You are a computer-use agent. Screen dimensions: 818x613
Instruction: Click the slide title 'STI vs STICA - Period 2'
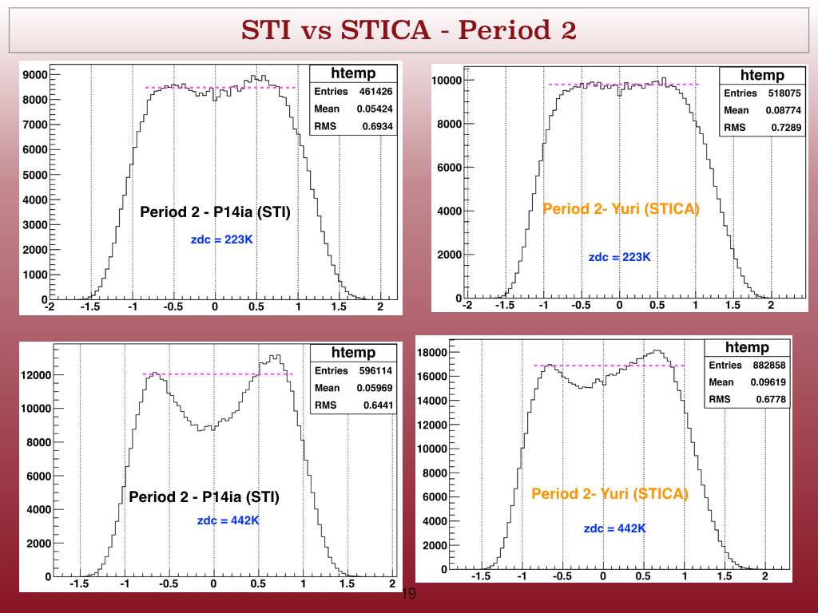pyautogui.click(x=408, y=30)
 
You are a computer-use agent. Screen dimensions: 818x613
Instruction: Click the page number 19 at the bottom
pyautogui.click(x=409, y=593)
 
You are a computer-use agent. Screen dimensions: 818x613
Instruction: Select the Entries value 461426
pyautogui.click(x=375, y=91)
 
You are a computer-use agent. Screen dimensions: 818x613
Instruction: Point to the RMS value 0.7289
pyautogui.click(x=786, y=127)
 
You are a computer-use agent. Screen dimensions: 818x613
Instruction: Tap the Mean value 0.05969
pyautogui.click(x=375, y=388)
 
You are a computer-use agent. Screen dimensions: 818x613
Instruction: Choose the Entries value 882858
pyautogui.click(x=769, y=365)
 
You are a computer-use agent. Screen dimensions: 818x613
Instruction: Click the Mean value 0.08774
pyautogui.click(x=784, y=110)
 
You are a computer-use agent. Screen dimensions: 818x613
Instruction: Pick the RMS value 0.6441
pyautogui.click(x=378, y=405)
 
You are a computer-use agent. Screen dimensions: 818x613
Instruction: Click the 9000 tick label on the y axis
pyautogui.click(x=35, y=74)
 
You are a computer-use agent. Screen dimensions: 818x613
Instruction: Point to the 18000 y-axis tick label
pyautogui.click(x=432, y=352)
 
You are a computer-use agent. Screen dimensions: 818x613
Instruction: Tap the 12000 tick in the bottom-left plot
pyautogui.click(x=36, y=375)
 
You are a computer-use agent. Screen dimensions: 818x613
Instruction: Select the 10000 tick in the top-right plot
pyautogui.click(x=447, y=81)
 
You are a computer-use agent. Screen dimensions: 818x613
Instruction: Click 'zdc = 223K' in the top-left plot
pyautogui.click(x=222, y=239)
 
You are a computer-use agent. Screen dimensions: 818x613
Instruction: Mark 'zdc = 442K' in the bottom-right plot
pyautogui.click(x=614, y=528)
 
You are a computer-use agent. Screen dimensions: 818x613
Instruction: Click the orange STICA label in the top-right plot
pyautogui.click(x=621, y=208)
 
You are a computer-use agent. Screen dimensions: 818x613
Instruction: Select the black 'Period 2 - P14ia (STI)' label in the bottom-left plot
pyautogui.click(x=204, y=496)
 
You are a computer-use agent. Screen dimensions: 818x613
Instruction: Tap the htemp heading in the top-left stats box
pyautogui.click(x=353, y=73)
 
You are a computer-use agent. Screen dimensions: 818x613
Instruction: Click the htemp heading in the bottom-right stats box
pyautogui.click(x=747, y=347)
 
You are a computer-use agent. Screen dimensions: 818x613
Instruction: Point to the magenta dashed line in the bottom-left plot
pyautogui.click(x=218, y=374)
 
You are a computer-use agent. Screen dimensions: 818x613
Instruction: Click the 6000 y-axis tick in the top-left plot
pyautogui.click(x=35, y=149)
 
